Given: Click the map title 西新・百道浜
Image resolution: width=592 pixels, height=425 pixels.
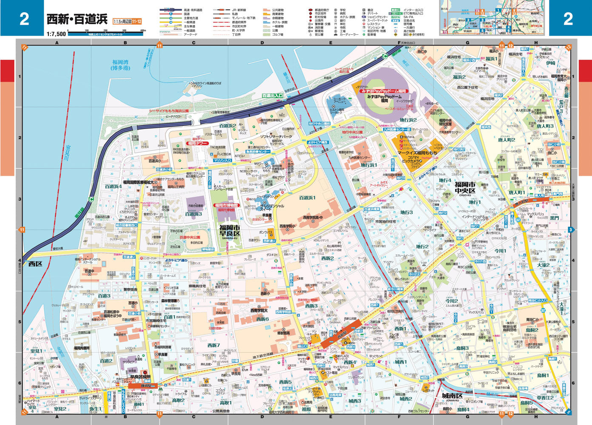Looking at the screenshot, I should [x=77, y=19].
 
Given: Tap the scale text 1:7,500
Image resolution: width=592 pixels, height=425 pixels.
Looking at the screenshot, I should [x=56, y=34].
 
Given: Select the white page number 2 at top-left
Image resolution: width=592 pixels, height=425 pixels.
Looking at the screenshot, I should [x=24, y=18].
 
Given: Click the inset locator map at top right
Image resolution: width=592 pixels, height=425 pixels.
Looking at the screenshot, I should [x=494, y=18].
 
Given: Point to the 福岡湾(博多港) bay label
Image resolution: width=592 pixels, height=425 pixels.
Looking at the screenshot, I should [x=120, y=65].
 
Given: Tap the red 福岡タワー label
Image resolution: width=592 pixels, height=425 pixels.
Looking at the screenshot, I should [x=196, y=144].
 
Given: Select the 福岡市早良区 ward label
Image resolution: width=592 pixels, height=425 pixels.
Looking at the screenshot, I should [x=230, y=231].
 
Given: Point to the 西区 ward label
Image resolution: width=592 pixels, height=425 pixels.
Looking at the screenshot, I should [x=35, y=264].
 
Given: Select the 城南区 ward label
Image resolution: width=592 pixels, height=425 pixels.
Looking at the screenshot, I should [x=453, y=396].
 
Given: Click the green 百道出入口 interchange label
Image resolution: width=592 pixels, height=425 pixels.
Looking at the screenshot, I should [x=273, y=96].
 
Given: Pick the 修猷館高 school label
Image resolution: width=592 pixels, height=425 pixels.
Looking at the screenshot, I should [x=284, y=333].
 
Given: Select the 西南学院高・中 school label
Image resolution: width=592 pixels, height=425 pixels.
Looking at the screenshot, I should [x=313, y=218].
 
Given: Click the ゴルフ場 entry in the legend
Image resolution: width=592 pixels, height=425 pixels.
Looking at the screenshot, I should [x=277, y=34].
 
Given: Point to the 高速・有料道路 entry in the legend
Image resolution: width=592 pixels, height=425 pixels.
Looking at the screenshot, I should [x=193, y=10].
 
